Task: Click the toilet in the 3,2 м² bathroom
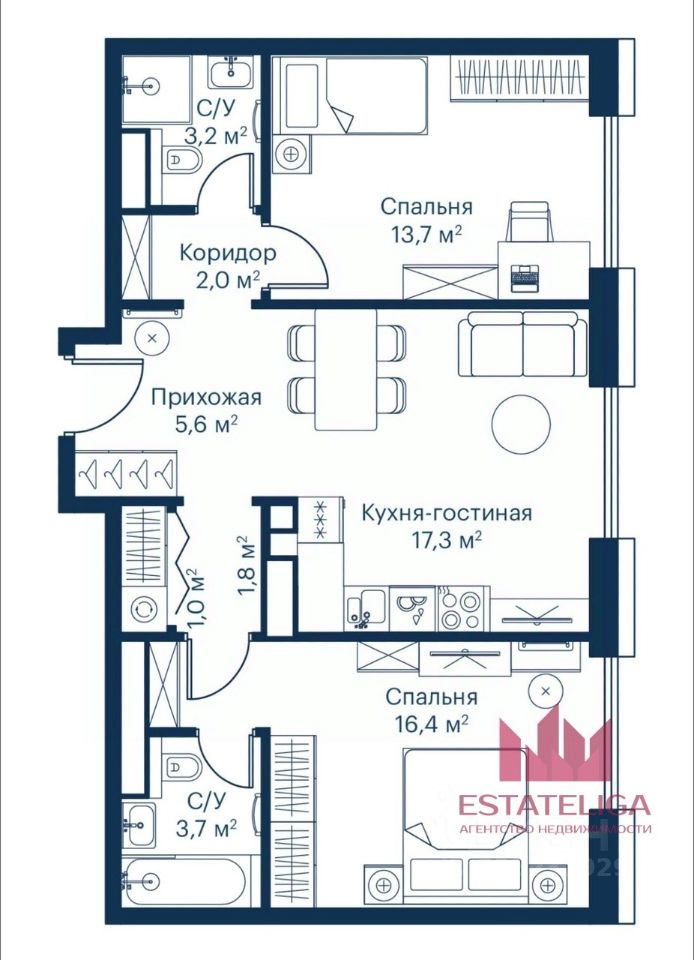tap(182, 160)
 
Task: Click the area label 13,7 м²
tap(426, 234)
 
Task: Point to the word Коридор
tap(228, 252)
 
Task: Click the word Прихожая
tap(206, 397)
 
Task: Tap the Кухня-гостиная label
tap(447, 512)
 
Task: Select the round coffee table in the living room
tap(521, 424)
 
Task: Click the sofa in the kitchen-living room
tap(523, 343)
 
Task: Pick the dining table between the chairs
tap(346, 370)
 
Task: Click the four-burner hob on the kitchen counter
tap(463, 609)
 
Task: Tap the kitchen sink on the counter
tap(365, 609)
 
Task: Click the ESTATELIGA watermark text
tap(554, 804)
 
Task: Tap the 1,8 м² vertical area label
tap(245, 566)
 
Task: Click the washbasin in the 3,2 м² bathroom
tap(231, 73)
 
